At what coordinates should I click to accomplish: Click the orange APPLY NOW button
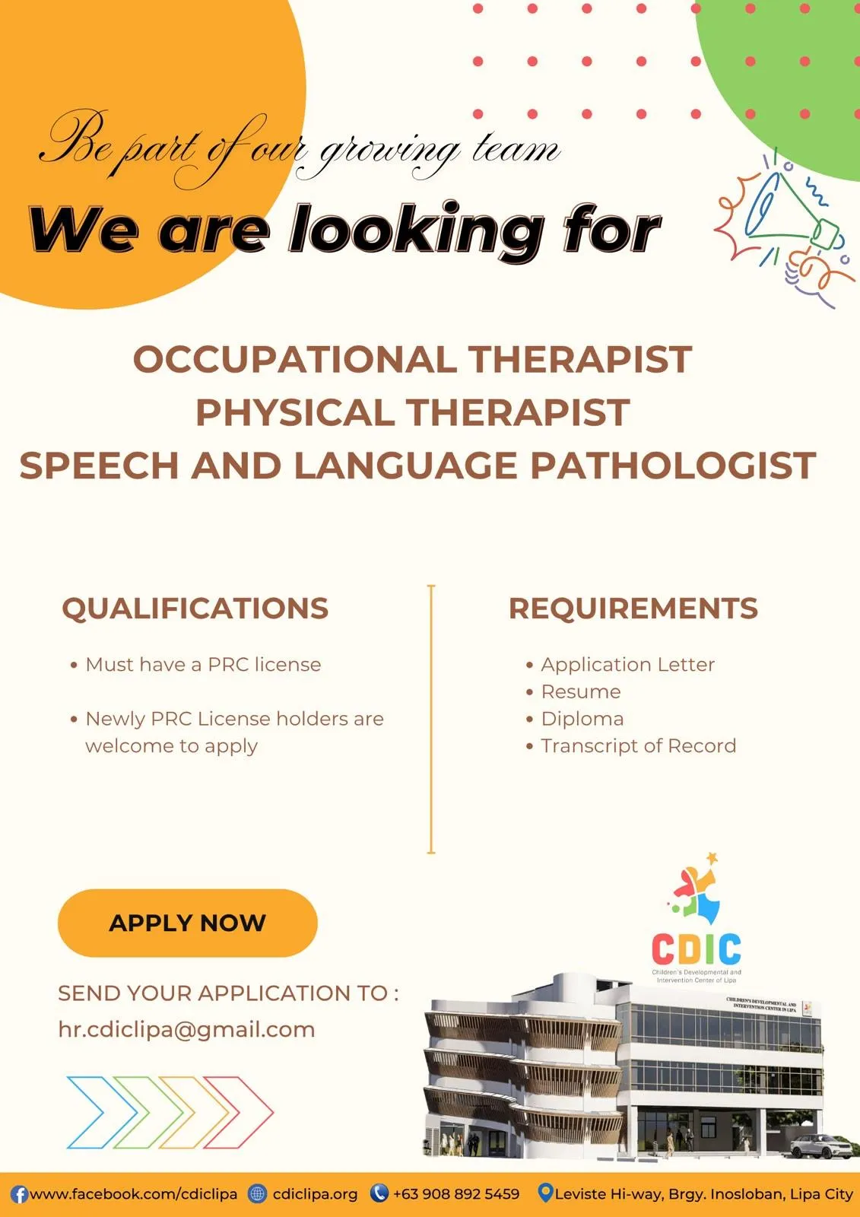(187, 923)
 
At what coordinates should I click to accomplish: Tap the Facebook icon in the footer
(19, 1195)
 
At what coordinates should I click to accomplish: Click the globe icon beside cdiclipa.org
(258, 1193)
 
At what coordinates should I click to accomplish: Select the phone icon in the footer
(379, 1193)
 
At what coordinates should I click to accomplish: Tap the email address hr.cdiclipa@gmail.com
(186, 1030)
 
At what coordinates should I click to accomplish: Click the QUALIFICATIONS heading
(195, 608)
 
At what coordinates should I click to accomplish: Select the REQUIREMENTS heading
(633, 608)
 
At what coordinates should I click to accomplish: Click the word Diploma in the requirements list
(582, 719)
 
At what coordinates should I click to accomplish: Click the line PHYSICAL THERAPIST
(413, 411)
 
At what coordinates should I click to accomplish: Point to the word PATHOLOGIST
(673, 465)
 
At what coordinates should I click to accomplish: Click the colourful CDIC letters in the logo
(697, 948)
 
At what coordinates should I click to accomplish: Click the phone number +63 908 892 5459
(456, 1193)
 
